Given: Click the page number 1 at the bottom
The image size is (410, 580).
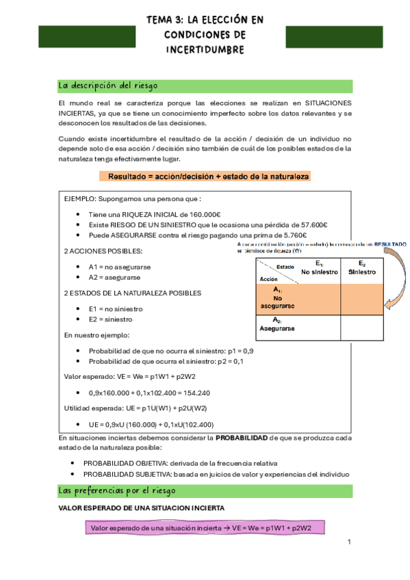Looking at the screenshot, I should pos(348,542).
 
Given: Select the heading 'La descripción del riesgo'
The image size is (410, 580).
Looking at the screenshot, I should pos(108,86).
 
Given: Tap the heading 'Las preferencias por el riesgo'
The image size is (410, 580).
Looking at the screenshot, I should pos(117,491).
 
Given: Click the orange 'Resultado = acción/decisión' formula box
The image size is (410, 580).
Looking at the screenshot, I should pos(209,176).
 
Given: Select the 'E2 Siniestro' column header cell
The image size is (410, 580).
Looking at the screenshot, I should pos(361,268).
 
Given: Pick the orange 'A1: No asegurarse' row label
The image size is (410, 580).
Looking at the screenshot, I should pos(277,298).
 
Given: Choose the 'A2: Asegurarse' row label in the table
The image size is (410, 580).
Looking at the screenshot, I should pos(277,324).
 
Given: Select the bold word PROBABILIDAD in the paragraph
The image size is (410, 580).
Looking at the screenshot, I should pos(242,437).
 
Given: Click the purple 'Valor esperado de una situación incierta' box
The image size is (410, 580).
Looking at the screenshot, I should pos(205,528).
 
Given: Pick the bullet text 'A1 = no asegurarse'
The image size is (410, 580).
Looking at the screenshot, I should pos(120,267).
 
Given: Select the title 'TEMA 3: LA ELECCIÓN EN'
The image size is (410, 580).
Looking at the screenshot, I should pos(205,20).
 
